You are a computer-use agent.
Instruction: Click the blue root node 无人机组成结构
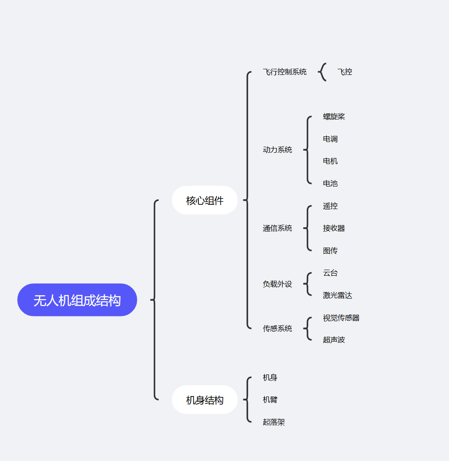[x=77, y=300]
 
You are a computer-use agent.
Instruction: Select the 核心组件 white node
[x=205, y=200]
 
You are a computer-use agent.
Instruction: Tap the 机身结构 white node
[x=205, y=400]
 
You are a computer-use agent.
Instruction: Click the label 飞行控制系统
[x=284, y=72]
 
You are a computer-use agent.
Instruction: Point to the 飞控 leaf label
[x=345, y=72]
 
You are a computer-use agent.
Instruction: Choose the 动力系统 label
[x=277, y=150]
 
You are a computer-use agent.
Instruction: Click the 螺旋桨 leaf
[x=334, y=116]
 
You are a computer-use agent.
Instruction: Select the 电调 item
[x=330, y=139]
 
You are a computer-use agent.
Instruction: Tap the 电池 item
[x=330, y=184]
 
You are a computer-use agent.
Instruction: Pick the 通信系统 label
[x=277, y=228]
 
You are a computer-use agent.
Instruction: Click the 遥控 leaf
[x=330, y=206]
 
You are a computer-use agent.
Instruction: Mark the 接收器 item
[x=334, y=228]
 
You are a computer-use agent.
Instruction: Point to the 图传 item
[x=330, y=251]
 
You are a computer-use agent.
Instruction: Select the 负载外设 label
[x=277, y=284]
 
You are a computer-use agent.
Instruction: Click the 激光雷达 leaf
[x=338, y=295]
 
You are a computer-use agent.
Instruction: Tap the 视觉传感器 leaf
[x=341, y=318]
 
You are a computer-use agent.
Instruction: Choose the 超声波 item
[x=334, y=340]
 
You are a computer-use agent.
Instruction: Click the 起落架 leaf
[x=274, y=422]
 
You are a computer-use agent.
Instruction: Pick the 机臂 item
[x=270, y=400]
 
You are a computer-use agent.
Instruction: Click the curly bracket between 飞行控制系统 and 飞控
[x=322, y=72]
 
